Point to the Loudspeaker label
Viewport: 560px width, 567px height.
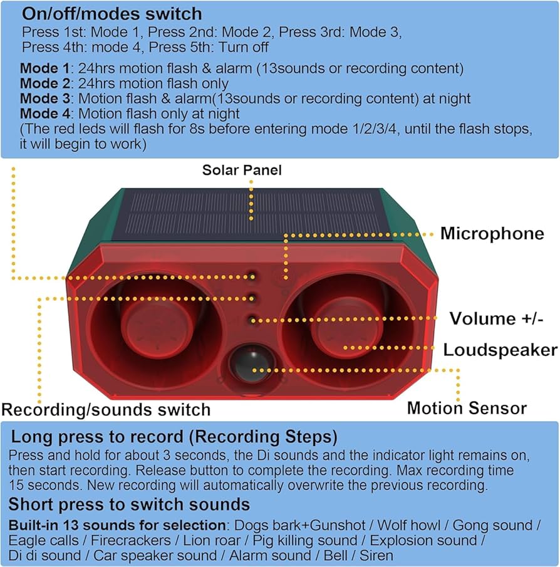(500, 350)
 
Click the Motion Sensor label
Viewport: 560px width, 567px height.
(467, 408)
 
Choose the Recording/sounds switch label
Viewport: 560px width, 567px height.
(106, 410)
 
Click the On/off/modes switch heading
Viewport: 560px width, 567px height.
(112, 13)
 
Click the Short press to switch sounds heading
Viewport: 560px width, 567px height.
(129, 504)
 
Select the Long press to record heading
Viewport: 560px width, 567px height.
(174, 436)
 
